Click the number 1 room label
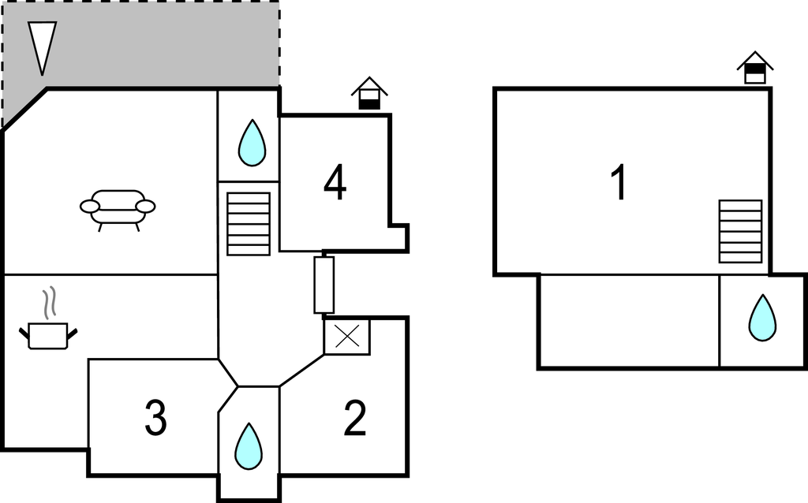pos(619,184)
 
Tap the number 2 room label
pos(355,419)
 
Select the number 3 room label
pos(155,419)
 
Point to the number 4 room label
pos(335,184)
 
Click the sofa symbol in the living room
pos(118,207)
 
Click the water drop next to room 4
pos(252,143)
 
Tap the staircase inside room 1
pos(740,231)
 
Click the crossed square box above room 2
pos(346,337)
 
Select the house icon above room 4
pos(368,93)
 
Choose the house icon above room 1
pos(755,67)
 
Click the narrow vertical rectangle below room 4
pos(324,284)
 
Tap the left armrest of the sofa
pos(90,207)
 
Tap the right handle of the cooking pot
pos(73,334)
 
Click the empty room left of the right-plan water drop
pos(629,321)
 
